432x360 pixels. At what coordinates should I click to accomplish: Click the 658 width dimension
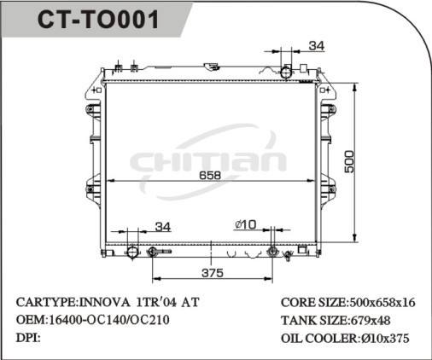210,176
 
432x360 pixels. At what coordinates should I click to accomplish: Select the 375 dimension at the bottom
212,273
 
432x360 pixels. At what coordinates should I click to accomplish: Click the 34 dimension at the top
316,45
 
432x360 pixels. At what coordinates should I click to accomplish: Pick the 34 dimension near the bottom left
162,226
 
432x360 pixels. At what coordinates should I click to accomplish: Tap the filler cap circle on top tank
287,72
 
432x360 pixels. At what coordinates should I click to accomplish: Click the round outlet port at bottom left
132,253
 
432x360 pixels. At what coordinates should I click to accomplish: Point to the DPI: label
29,338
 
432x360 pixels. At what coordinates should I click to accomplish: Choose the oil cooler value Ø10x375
387,338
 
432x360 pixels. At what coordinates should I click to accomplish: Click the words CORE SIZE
313,303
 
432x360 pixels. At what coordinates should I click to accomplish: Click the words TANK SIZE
313,320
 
